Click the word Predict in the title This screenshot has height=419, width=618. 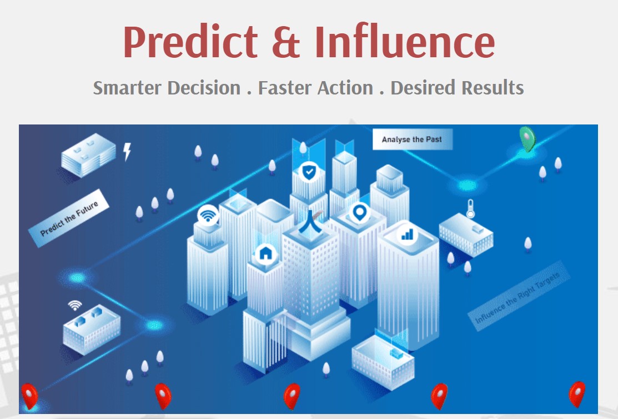click(x=191, y=42)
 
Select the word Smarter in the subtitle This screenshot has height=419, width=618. click(x=127, y=88)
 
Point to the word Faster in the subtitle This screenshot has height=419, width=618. click(x=284, y=88)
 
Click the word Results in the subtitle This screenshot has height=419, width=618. click(x=493, y=88)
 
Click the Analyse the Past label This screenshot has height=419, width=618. click(x=412, y=139)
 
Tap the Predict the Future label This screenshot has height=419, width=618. click(x=69, y=218)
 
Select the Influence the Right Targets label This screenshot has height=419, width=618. click(x=518, y=296)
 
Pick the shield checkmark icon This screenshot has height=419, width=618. click(x=309, y=172)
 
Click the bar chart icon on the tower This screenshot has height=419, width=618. click(x=407, y=235)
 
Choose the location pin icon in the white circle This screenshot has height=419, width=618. click(x=359, y=213)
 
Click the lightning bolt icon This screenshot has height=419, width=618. click(x=127, y=152)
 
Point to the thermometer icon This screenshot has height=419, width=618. click(x=470, y=208)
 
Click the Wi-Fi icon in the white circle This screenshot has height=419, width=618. click(x=208, y=216)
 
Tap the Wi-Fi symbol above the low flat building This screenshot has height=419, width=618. click(x=75, y=305)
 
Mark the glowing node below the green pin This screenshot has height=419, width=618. click(x=468, y=184)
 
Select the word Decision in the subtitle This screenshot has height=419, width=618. click(x=204, y=88)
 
